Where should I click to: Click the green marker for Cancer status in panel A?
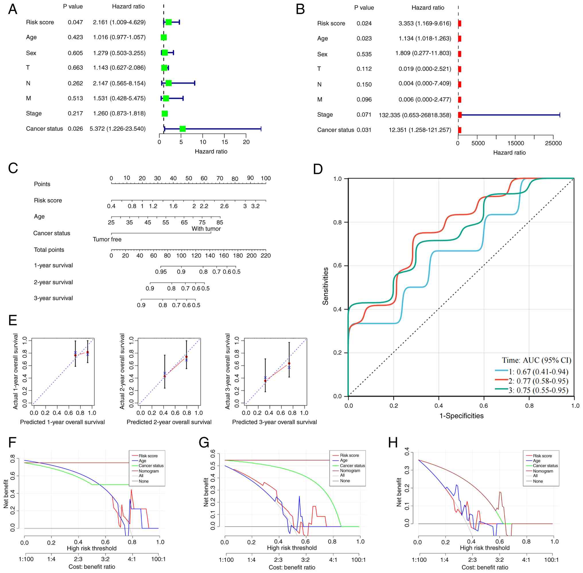point(182,129)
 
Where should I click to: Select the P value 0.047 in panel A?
point(75,22)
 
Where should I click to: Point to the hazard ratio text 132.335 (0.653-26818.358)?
point(415,115)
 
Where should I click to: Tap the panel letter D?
point(318,169)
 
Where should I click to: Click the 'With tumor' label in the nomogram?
point(206,229)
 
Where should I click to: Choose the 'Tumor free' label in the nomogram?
point(107,239)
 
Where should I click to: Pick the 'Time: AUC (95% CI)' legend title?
point(536,360)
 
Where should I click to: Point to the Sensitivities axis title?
point(325,286)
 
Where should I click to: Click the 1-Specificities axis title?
point(461,416)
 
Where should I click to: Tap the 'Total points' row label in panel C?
point(49,250)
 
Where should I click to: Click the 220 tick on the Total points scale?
point(266,256)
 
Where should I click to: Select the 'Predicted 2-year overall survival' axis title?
point(169,422)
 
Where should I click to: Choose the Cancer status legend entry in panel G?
point(352,465)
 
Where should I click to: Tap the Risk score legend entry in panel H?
point(542,456)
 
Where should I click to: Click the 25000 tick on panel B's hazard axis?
point(553,143)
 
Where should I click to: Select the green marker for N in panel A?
point(168,83)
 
